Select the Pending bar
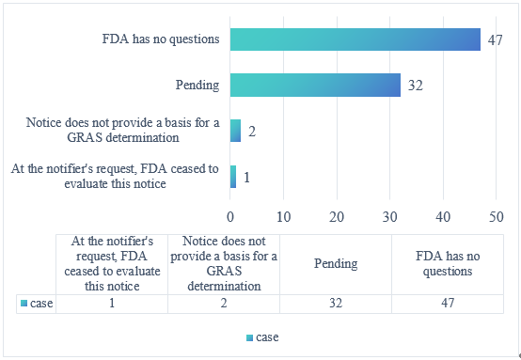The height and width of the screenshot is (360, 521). tap(315, 85)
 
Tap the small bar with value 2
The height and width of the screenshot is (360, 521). tap(236, 130)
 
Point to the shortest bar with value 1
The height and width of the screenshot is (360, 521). tap(233, 175)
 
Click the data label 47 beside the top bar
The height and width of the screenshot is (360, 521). tap(496, 39)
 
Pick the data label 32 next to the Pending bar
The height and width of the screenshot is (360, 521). tap(416, 85)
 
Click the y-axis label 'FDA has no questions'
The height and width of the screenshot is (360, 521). tap(161, 39)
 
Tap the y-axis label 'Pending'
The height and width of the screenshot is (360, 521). tap(197, 85)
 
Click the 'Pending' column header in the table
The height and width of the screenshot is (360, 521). tap(336, 263)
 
